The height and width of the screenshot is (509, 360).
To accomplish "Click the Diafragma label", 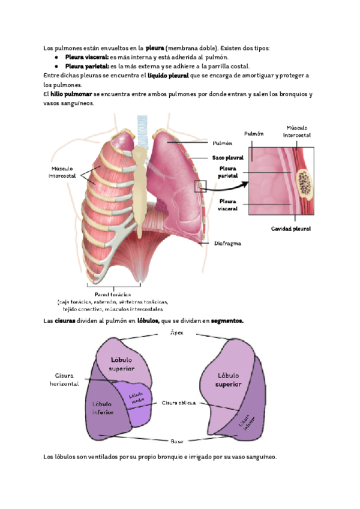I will [x=227, y=244].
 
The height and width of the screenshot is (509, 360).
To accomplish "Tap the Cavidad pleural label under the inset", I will [x=290, y=229].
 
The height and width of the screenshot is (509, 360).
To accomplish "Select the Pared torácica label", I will [x=113, y=294].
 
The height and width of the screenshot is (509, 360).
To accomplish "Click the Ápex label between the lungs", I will [x=177, y=332].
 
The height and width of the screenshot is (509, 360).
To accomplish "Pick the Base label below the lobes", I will [x=177, y=441].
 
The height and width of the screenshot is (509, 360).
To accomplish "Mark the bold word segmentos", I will [x=227, y=321].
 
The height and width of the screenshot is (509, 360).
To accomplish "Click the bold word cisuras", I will [x=65, y=321].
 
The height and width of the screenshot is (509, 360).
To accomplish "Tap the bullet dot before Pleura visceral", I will [x=56, y=57].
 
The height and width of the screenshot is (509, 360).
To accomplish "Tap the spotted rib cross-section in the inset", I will [x=304, y=184].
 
